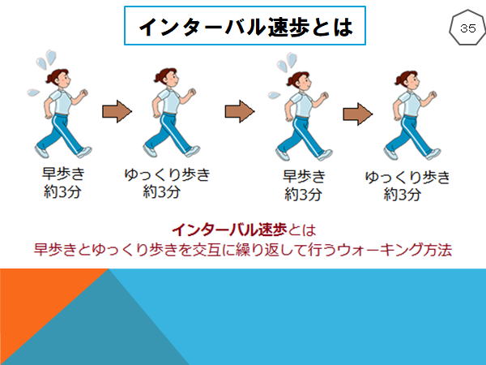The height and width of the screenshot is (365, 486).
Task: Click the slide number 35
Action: click(x=467, y=28)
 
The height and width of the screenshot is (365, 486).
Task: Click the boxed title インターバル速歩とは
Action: click(x=245, y=25)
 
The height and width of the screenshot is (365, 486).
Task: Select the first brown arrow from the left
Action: click(x=117, y=111)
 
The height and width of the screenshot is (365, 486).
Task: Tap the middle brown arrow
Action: click(x=240, y=111)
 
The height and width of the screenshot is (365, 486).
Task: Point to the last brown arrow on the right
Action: click(x=358, y=114)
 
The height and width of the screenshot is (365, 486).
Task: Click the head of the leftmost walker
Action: click(x=58, y=78)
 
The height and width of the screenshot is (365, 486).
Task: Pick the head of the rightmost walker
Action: click(x=407, y=79)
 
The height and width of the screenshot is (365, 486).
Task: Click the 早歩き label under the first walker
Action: click(x=63, y=174)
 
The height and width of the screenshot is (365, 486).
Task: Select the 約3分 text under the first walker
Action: click(x=62, y=192)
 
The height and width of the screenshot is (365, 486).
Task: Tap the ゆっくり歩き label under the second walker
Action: click(x=168, y=175)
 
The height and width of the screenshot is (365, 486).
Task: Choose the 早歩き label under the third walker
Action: click(x=304, y=177)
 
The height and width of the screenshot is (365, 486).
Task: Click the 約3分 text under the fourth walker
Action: click(x=403, y=195)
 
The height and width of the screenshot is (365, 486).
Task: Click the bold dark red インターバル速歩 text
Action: click(x=229, y=230)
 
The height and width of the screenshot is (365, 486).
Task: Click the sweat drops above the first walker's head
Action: click(x=46, y=59)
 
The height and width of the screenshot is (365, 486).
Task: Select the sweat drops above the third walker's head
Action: click(x=287, y=62)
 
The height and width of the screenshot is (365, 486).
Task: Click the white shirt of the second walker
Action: click(x=170, y=101)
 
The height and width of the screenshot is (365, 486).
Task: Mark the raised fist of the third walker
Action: click(x=324, y=96)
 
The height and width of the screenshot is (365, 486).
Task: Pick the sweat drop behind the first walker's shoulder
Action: click(x=33, y=92)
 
